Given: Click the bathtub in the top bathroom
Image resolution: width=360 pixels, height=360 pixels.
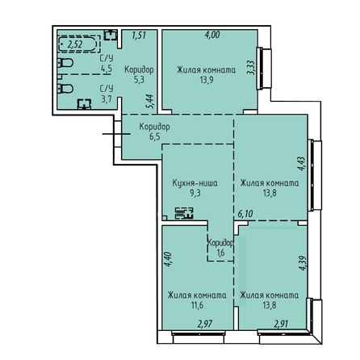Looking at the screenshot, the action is (x=77, y=44).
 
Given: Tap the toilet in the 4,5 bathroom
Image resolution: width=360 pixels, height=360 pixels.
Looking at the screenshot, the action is (x=65, y=63).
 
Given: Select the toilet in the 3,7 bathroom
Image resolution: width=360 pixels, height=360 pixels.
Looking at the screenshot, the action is (x=65, y=89).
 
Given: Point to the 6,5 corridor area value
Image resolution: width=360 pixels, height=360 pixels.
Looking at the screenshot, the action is (x=155, y=136).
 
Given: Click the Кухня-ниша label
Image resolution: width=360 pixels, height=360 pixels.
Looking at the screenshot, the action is (x=195, y=183).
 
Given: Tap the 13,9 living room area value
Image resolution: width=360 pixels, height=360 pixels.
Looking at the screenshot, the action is (x=207, y=80).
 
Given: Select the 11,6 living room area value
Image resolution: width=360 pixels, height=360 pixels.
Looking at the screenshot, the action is (x=197, y=306).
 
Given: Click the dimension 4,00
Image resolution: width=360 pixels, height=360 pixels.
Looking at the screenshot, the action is (x=212, y=35).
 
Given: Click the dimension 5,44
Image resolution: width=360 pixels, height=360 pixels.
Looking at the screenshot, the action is (x=150, y=101).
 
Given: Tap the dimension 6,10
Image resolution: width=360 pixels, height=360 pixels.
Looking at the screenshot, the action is (x=245, y=214).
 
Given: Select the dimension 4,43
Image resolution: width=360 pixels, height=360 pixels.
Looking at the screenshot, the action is (x=301, y=164).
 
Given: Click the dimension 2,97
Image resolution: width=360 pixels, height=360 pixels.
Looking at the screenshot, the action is (x=205, y=324).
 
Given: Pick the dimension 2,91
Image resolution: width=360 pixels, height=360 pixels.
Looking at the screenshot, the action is (x=281, y=324).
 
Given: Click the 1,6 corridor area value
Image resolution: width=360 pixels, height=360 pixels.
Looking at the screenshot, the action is (x=220, y=253).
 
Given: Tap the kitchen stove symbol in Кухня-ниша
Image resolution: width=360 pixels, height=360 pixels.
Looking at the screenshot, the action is (x=184, y=213).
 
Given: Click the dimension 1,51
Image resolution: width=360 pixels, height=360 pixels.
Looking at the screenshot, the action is (x=139, y=36).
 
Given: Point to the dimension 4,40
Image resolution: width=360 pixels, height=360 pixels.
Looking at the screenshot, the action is (x=168, y=259).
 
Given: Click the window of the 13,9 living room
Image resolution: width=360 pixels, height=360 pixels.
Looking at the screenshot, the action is (x=264, y=69).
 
